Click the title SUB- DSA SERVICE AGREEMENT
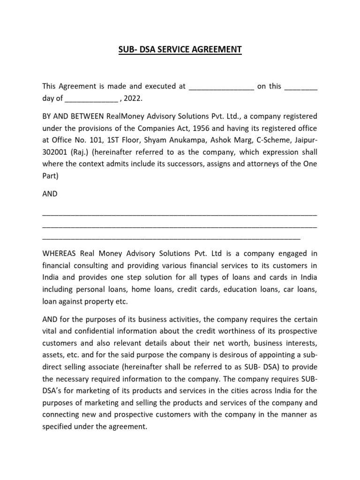tap(180, 49)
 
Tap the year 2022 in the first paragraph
tap(133, 98)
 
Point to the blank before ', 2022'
tap(91, 99)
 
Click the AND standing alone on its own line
tap(50, 194)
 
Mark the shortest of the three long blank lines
tap(171, 238)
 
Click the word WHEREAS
tap(60, 254)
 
